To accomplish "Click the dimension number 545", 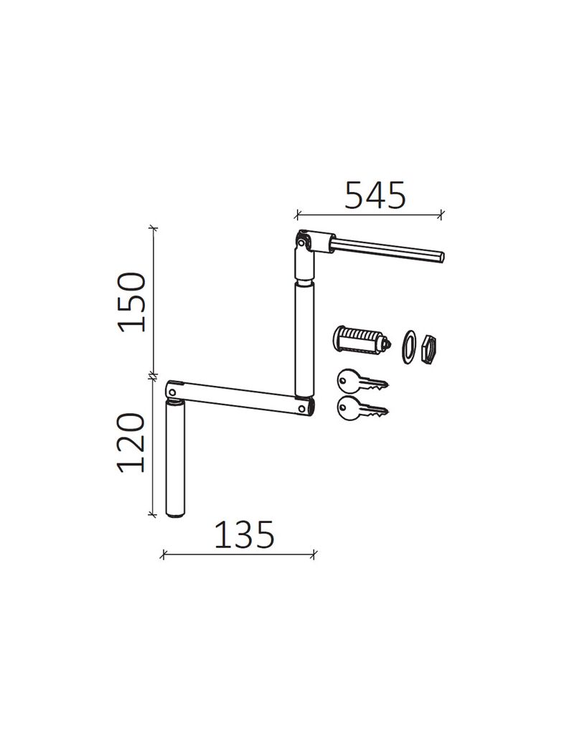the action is coord(375,194).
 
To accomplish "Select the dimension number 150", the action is coord(132,302).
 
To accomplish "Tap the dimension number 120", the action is coord(131,443).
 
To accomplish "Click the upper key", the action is coord(362,382).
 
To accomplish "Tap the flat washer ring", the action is coord(408,346).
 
